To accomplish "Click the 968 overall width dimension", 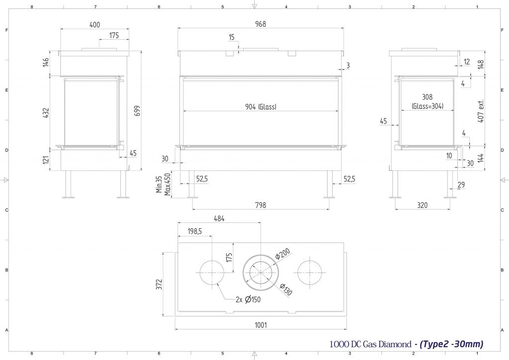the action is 260,24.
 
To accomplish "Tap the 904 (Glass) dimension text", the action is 260,107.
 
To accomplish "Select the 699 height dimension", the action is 137,111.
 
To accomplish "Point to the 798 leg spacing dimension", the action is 260,205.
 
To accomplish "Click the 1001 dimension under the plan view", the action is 260,325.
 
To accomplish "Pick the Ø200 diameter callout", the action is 282,254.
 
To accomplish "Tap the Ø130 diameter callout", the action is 286,289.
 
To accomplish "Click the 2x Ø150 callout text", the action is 249,300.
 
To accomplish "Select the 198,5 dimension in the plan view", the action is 195,231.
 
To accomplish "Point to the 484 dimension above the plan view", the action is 219,219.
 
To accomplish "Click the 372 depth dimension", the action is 159,284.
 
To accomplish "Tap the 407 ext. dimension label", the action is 481,111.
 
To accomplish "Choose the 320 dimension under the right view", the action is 423,205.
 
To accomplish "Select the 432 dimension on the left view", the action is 46,113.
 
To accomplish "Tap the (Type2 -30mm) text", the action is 451,344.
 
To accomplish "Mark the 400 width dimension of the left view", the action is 94,25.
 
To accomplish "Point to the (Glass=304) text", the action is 427,106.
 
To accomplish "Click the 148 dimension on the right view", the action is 481,64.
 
